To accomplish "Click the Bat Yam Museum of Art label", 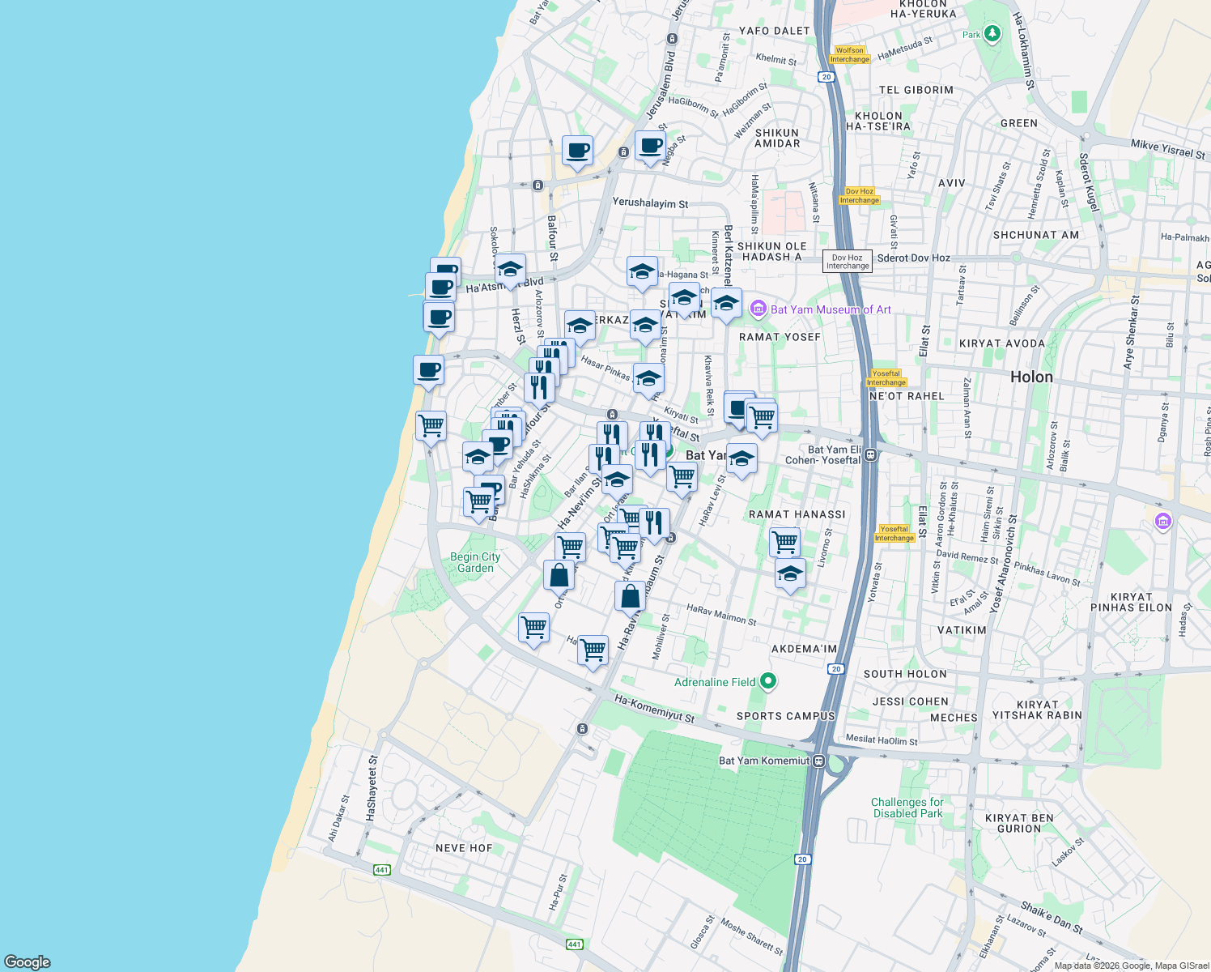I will tap(830, 309).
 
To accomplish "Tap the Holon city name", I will tap(1031, 377).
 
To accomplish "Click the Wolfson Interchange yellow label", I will tap(849, 54).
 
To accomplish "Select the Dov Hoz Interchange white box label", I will tap(848, 262).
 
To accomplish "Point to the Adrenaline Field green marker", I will tap(768, 682).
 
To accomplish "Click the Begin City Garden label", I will tap(475, 562).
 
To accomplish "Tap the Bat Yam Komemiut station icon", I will tap(819, 761).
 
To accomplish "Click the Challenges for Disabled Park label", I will tap(907, 808).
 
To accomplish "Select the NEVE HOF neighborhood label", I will tap(464, 848).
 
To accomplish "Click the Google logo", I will tap(28, 961).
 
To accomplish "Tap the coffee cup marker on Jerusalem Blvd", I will tap(650, 147).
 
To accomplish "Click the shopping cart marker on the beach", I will tap(431, 425).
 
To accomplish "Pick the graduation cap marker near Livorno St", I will tap(790, 574).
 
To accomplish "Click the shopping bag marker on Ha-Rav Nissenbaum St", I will tap(630, 597).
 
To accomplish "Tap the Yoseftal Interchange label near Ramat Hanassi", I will tap(894, 533).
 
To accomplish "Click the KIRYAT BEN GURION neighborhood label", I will tap(1019, 823).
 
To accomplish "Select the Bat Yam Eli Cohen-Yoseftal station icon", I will tap(870, 454).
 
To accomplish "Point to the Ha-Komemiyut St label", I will tap(654, 709).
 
